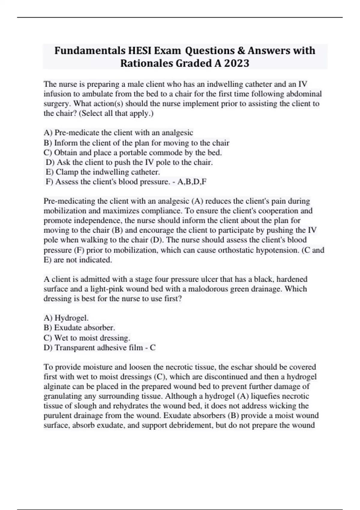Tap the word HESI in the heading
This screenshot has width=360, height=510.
point(140,51)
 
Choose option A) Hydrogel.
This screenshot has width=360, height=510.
point(66,318)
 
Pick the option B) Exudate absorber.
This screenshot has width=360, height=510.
point(79,328)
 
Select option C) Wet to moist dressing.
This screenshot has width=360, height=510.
point(87,338)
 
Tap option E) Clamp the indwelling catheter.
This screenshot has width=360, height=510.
point(103,172)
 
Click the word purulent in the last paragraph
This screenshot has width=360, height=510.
point(57,415)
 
